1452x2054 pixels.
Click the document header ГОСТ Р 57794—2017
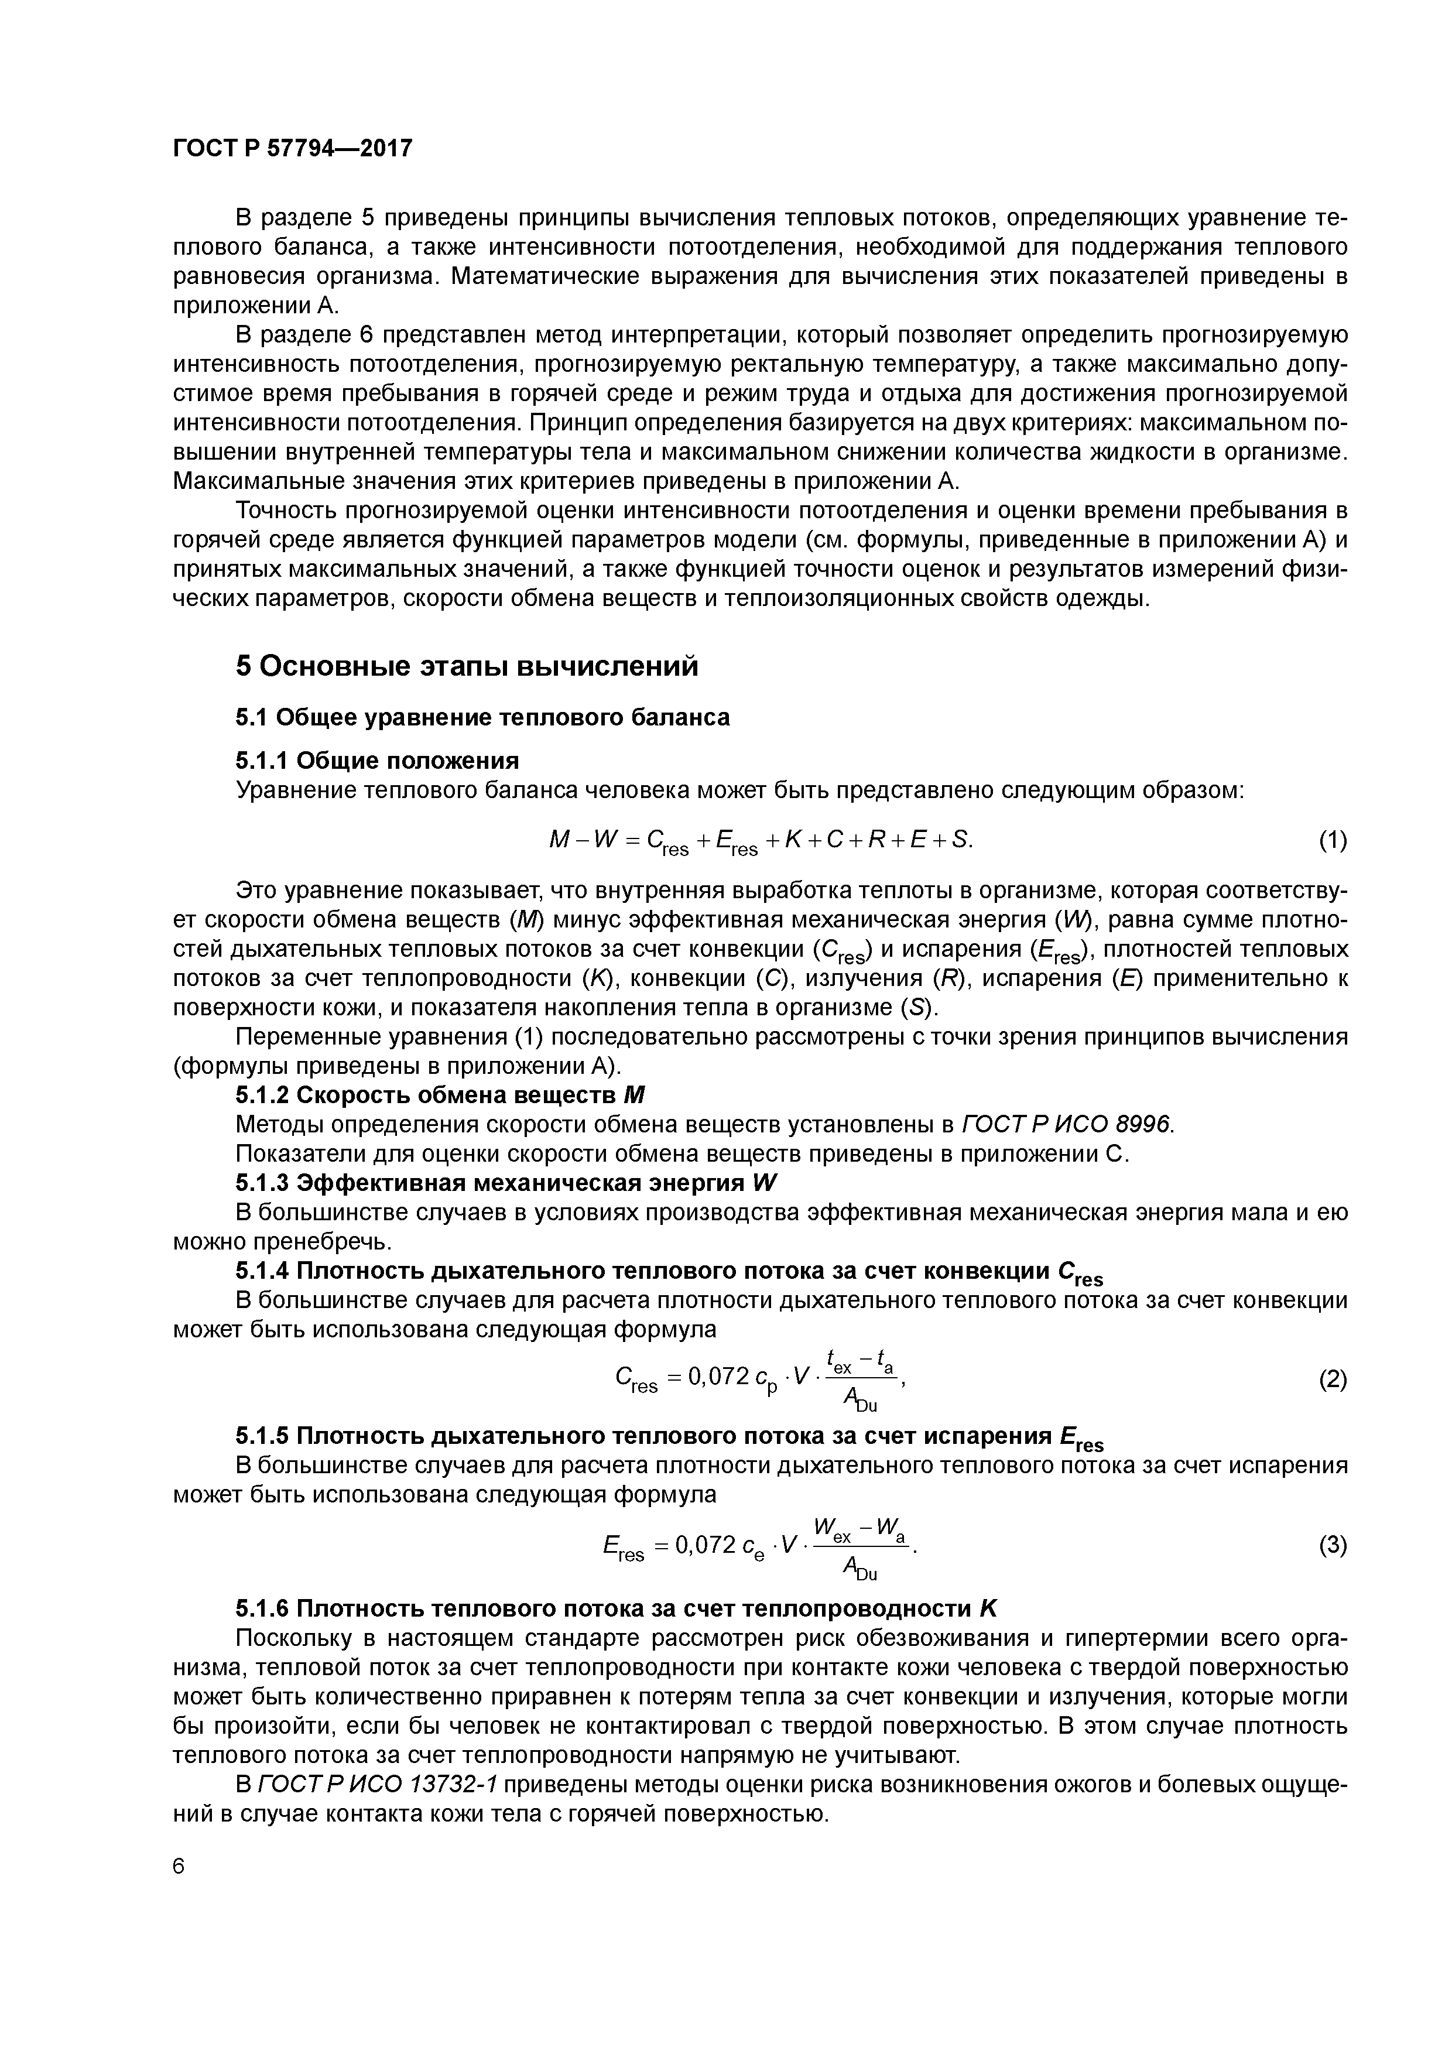click(293, 148)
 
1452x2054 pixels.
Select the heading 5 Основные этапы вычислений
click(466, 666)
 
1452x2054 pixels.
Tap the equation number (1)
click(1332, 840)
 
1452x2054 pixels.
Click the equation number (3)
click(1332, 1545)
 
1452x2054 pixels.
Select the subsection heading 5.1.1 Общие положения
click(376, 761)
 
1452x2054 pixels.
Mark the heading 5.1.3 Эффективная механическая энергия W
click(506, 1183)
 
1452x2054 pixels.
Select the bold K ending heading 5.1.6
click(988, 1608)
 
